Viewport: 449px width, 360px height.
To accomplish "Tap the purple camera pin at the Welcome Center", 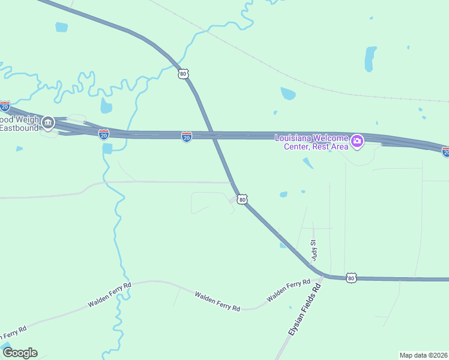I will (357, 142).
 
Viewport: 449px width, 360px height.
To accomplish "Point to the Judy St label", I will (313, 250).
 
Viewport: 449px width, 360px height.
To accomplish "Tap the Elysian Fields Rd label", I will (305, 310).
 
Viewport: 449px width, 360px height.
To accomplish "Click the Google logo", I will (20, 353).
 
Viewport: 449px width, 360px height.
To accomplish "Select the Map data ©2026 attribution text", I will (423, 355).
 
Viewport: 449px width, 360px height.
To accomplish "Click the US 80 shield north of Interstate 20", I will (184, 73).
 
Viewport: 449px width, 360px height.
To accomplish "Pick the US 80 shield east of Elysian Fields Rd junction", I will (351, 278).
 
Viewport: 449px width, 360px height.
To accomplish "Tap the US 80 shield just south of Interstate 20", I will (241, 199).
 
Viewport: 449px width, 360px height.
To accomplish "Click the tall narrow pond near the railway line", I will (370, 59).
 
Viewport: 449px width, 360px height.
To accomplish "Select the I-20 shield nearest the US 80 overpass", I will (187, 137).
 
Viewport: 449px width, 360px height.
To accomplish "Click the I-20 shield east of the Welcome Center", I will (445, 152).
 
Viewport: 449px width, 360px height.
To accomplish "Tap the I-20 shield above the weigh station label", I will (5, 107).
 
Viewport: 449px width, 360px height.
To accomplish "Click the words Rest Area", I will (329, 146).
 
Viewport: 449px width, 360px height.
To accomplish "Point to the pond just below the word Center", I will (308, 163).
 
